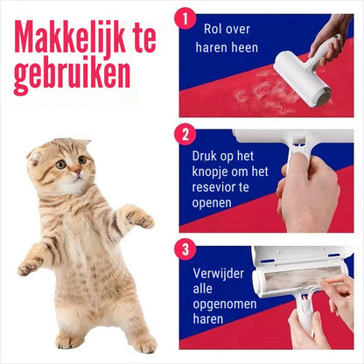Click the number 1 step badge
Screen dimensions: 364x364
tap(185, 19)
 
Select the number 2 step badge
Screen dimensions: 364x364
tap(185, 135)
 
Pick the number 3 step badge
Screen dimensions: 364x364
tap(185, 249)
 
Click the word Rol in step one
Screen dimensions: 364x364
tap(213, 29)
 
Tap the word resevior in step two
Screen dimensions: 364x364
tap(213, 187)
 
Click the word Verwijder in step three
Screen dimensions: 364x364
tap(218, 274)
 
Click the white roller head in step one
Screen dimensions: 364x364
tap(302, 78)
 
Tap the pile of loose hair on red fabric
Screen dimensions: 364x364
tap(261, 94)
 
